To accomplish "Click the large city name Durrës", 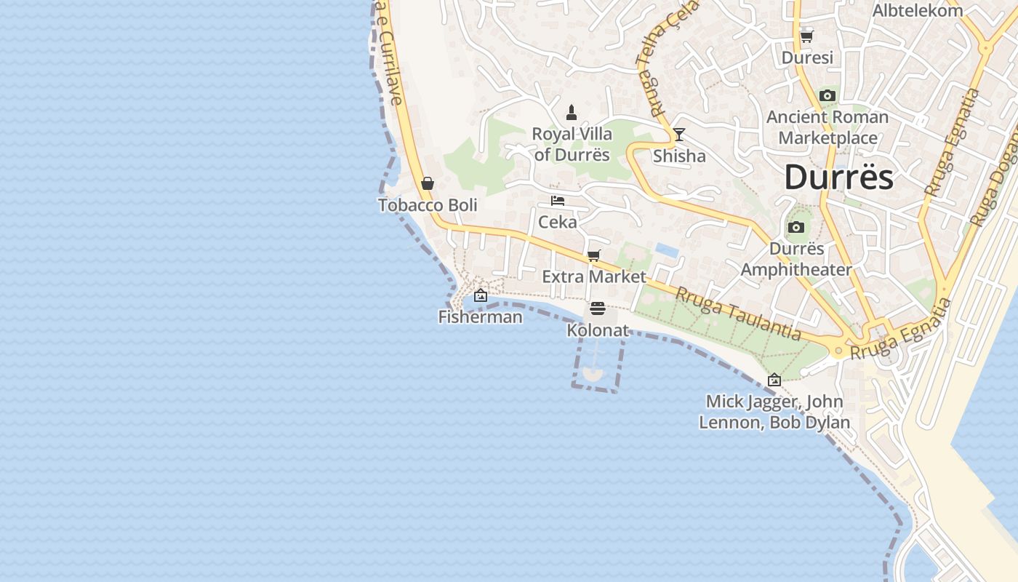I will [x=838, y=178].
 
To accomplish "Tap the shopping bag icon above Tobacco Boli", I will [x=428, y=183].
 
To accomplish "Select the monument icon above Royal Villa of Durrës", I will [x=572, y=113].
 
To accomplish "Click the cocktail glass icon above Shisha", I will [x=678, y=135].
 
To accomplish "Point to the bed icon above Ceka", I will [x=558, y=201].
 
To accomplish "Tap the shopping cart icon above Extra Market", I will [x=594, y=255].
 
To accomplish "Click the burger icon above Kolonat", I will [x=597, y=308].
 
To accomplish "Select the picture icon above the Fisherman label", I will [x=480, y=295].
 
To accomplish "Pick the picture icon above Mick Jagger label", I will [x=774, y=380].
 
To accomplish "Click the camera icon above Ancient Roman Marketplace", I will [x=827, y=96].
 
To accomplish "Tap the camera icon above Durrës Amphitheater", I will [x=796, y=227].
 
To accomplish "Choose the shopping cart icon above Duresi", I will [x=806, y=36].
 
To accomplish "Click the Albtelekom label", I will [x=918, y=10].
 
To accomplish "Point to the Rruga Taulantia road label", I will [x=737, y=314].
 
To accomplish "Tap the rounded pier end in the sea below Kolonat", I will [x=593, y=374].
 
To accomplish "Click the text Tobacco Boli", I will [x=428, y=205].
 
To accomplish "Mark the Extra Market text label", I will [x=594, y=276].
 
